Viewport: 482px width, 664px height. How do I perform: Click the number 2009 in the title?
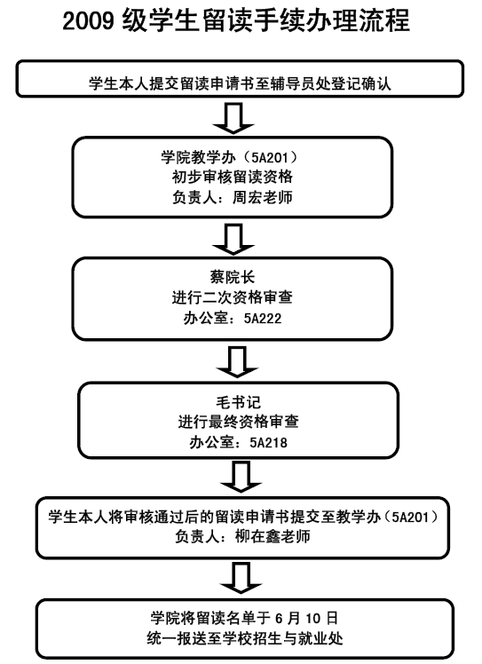coord(89,20)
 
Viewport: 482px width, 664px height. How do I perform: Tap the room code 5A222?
coord(263,318)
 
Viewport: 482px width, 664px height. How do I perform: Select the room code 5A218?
coord(269,443)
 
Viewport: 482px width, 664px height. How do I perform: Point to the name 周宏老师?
coord(263,197)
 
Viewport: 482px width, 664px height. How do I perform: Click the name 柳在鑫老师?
coord(273,536)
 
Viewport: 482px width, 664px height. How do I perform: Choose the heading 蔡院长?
coord(233,277)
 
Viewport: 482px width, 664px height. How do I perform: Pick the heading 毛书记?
coord(239,402)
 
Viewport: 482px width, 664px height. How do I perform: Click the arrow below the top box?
coord(233,118)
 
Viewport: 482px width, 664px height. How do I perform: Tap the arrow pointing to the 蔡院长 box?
coord(233,240)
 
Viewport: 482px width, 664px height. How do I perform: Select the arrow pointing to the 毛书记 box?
coord(237,361)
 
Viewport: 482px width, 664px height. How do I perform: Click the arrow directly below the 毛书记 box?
coord(241,477)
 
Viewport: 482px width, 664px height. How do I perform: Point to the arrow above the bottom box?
coord(241,578)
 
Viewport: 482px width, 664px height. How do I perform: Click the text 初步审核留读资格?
coord(233,177)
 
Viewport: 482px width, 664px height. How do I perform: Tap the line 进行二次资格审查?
coord(233,297)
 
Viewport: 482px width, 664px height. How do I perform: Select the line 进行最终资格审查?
coord(239,423)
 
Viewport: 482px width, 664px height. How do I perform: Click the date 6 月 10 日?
coord(306,618)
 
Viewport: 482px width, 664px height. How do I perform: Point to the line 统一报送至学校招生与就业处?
coord(245,638)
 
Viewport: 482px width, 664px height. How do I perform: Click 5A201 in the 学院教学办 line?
coord(269,157)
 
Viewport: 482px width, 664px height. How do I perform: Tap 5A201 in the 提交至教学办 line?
coord(410,517)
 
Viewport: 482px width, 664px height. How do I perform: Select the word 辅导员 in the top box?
coord(292,83)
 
